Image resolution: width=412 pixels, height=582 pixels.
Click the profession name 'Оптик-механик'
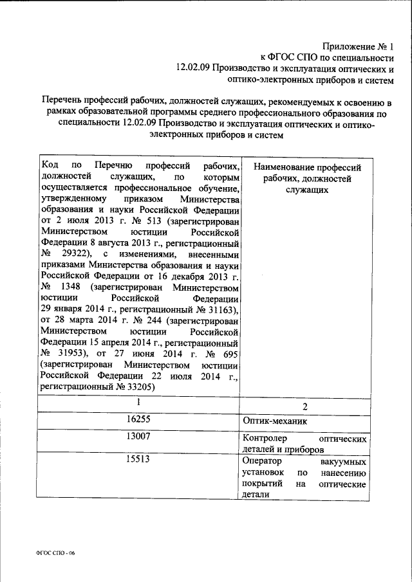point(275,422)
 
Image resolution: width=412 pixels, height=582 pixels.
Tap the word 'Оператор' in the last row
point(261,462)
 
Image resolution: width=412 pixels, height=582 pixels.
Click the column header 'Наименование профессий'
point(307,167)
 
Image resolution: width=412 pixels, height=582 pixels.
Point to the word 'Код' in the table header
point(49,165)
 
